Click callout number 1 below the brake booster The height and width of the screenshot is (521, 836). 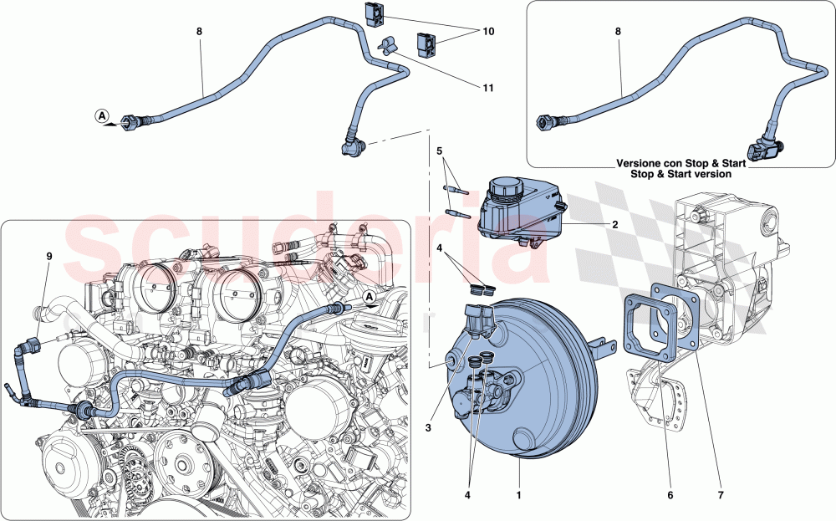pyautogui.click(x=521, y=495)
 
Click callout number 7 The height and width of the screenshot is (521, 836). pyautogui.click(x=721, y=495)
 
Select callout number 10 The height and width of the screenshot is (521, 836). pyautogui.click(x=488, y=32)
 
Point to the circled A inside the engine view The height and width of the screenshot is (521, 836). pyautogui.click(x=369, y=297)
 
